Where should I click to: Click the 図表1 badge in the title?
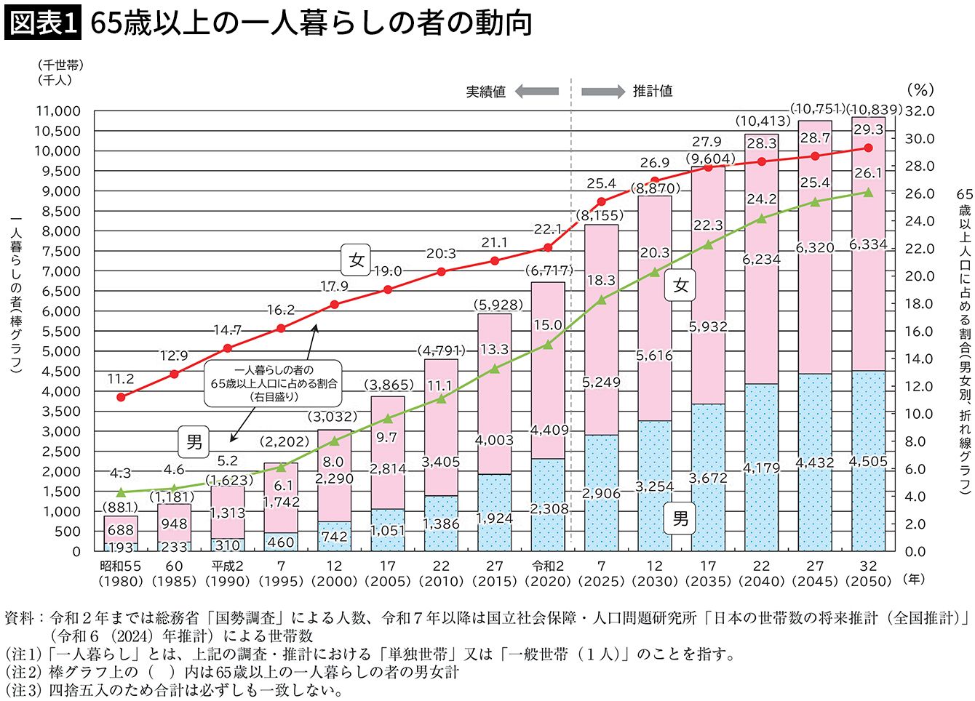(41, 23)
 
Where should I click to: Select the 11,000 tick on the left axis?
(57, 111)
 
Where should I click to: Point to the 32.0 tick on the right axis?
(919, 111)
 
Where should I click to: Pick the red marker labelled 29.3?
(868, 148)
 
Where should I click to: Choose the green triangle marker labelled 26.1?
(868, 193)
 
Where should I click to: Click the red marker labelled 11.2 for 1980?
(121, 397)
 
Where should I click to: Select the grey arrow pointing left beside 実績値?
(537, 92)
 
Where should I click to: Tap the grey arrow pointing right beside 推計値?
(602, 92)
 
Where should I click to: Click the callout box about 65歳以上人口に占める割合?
(274, 383)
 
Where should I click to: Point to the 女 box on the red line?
(357, 260)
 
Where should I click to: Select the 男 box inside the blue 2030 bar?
(680, 518)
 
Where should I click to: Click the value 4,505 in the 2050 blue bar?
(868, 462)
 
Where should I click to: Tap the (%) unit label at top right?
(920, 89)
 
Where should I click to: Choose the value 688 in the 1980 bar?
(121, 531)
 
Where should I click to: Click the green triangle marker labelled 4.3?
(121, 492)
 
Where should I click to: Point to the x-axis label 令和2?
(548, 566)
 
